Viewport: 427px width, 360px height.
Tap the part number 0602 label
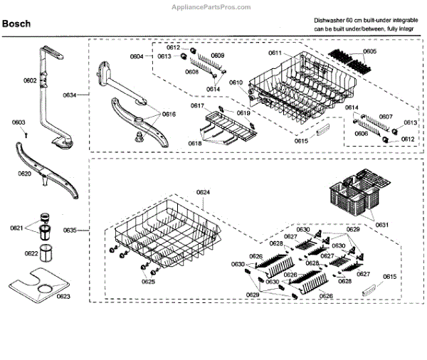[x=29, y=80]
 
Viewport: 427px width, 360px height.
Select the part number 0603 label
[x=19, y=122]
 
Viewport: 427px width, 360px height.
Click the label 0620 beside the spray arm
[x=24, y=174]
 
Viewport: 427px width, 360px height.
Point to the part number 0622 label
[x=32, y=253]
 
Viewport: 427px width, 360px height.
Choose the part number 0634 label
[x=69, y=94]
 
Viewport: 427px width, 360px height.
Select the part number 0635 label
[x=69, y=231]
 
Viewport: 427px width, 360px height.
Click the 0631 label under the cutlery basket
[x=381, y=225]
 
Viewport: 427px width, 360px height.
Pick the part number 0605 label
[x=370, y=52]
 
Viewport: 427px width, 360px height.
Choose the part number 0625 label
[x=147, y=282]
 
